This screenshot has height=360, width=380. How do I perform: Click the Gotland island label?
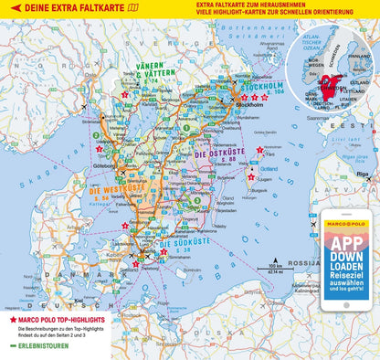pyautogui.click(x=269, y=168)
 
